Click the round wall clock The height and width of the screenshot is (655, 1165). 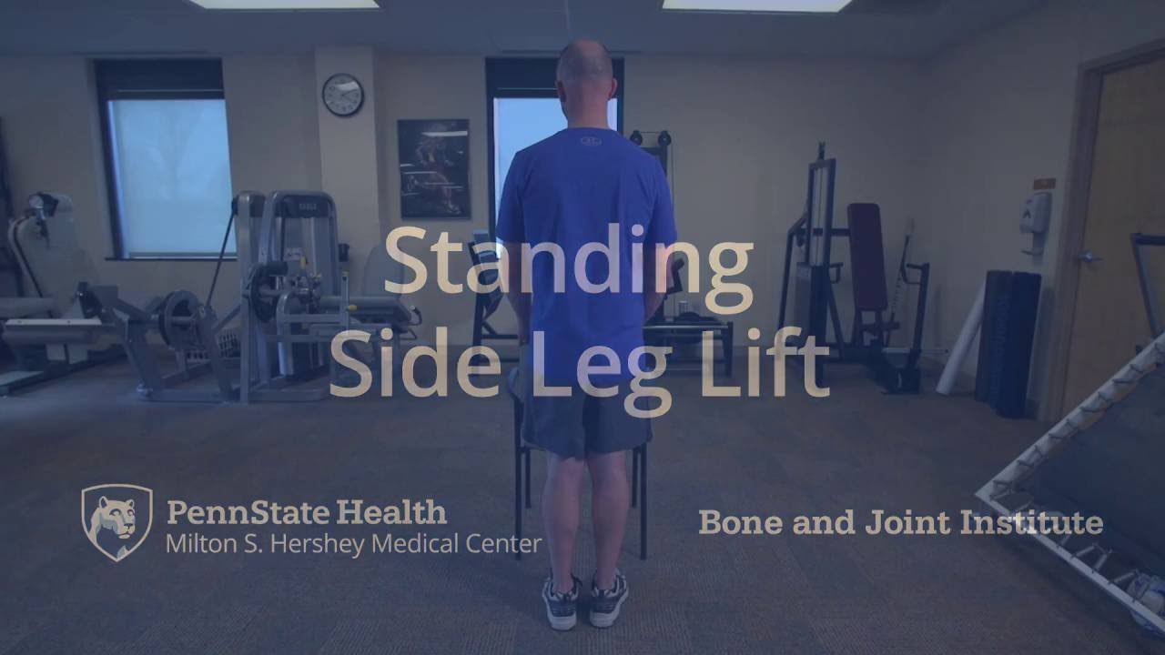click(x=342, y=95)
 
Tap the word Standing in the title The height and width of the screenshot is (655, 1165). click(x=569, y=262)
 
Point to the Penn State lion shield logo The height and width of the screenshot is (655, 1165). click(x=116, y=522)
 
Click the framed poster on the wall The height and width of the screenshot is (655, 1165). click(x=433, y=168)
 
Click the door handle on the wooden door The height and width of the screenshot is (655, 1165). click(x=1087, y=257)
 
